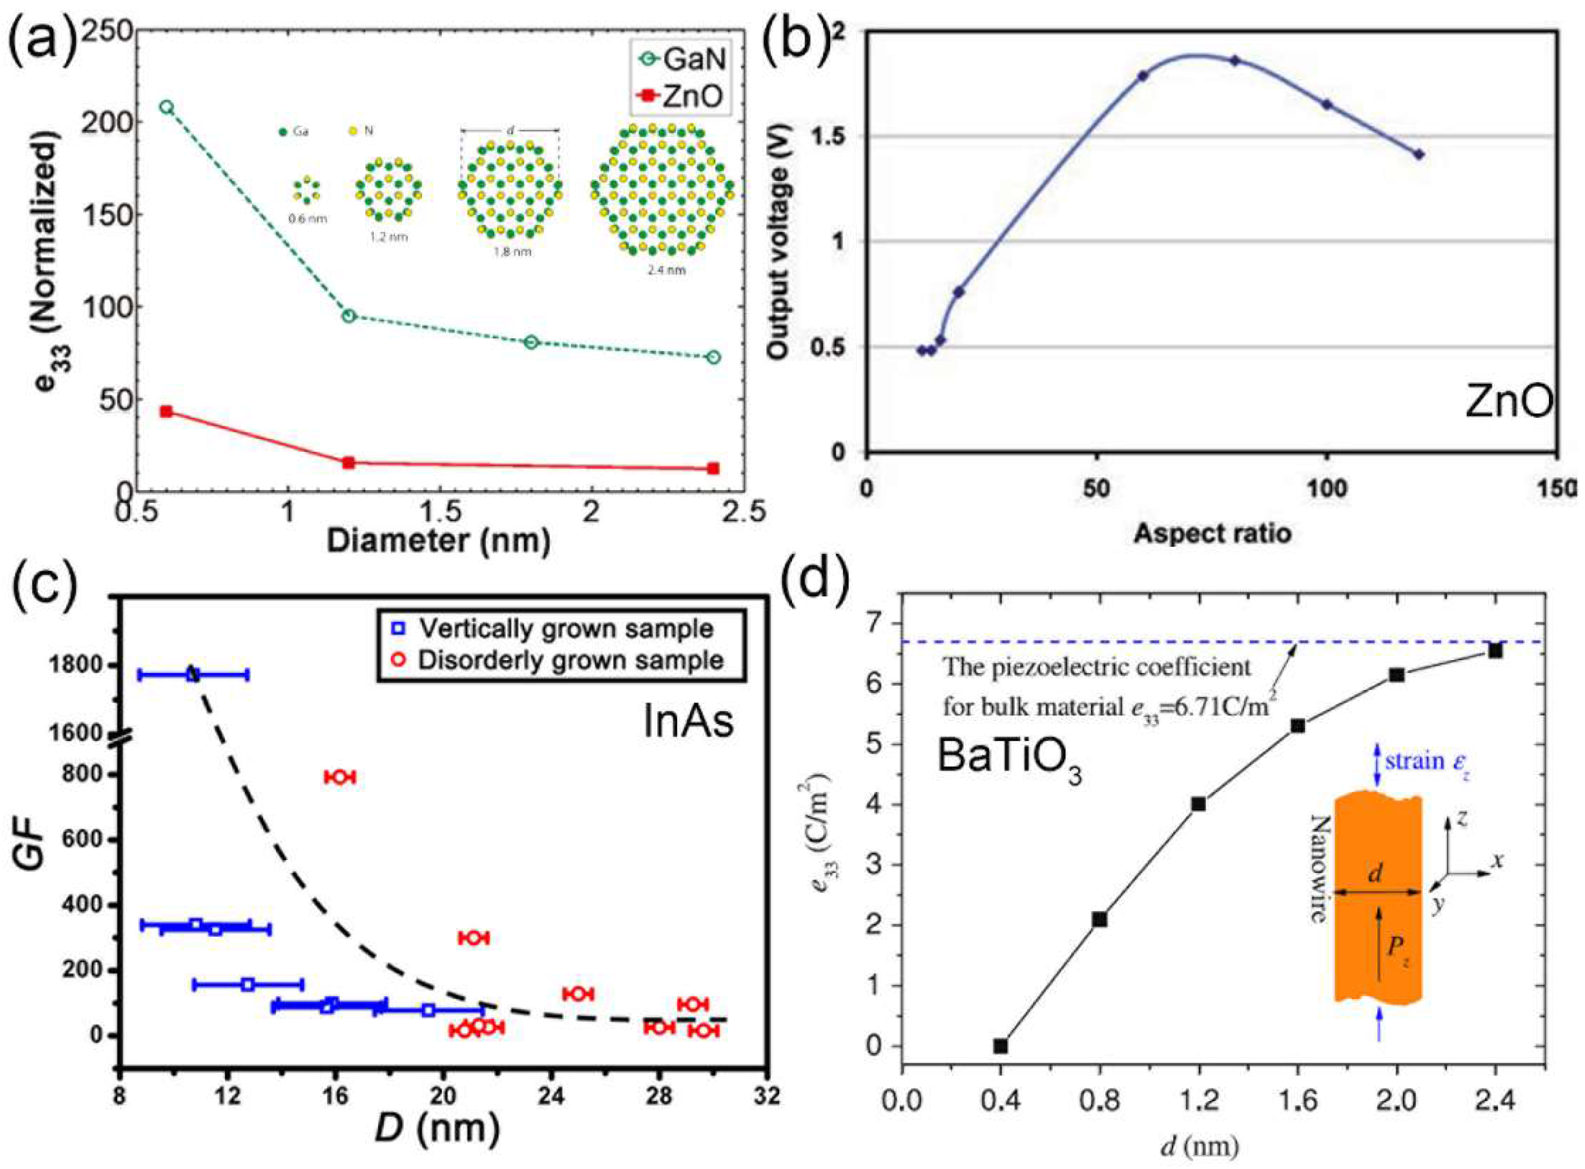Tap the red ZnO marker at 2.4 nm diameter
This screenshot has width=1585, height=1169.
[x=713, y=468]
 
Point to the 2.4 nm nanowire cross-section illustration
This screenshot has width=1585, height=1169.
[x=662, y=189]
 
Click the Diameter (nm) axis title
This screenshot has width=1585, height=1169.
[x=439, y=541]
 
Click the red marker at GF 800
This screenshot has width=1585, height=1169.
[x=339, y=777]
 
